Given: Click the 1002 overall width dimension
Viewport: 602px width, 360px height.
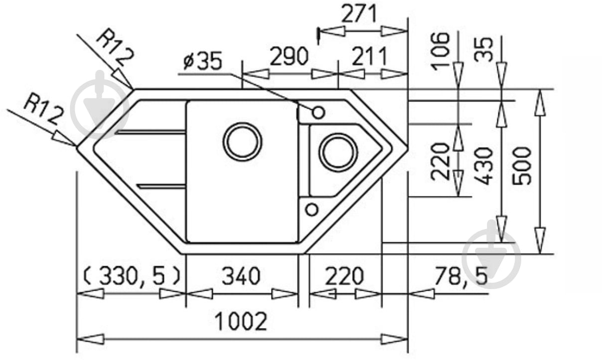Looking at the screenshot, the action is [241, 321].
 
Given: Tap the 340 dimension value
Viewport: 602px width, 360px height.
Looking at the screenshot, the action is [241, 276].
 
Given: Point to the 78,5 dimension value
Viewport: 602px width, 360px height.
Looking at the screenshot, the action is [461, 276].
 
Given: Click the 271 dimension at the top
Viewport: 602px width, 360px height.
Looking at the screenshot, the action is [358, 13].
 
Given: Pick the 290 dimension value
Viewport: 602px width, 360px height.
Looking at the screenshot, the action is [289, 56].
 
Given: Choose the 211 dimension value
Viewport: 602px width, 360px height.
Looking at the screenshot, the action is [370, 56].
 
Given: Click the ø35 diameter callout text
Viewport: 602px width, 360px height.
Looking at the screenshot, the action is [203, 61].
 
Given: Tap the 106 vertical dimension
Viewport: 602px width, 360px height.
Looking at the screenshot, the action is [440, 51].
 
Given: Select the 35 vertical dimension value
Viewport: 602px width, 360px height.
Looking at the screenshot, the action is [483, 49].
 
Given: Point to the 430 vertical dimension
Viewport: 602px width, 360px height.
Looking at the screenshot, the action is [483, 166].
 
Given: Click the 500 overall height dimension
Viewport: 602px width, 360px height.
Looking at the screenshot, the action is [522, 166].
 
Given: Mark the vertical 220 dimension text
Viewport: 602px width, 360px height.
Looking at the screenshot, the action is [440, 162].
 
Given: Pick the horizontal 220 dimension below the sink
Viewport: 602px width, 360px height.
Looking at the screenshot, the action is [344, 276].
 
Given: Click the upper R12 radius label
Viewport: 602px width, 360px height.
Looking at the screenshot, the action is [115, 47].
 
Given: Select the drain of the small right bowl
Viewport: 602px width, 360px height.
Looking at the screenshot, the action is [338, 152].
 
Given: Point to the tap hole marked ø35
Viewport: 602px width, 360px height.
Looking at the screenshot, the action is [318, 113].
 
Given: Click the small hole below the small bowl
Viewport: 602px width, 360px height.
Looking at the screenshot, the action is [312, 209].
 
